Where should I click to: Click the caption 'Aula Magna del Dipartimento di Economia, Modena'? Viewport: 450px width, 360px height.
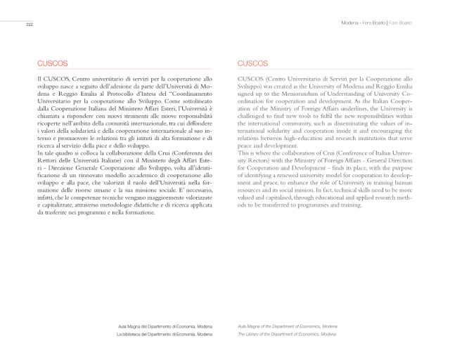pos(167,326)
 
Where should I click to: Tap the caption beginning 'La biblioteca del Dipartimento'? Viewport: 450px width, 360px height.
pos(168,335)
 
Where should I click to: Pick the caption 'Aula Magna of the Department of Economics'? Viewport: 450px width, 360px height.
pos(281,326)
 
